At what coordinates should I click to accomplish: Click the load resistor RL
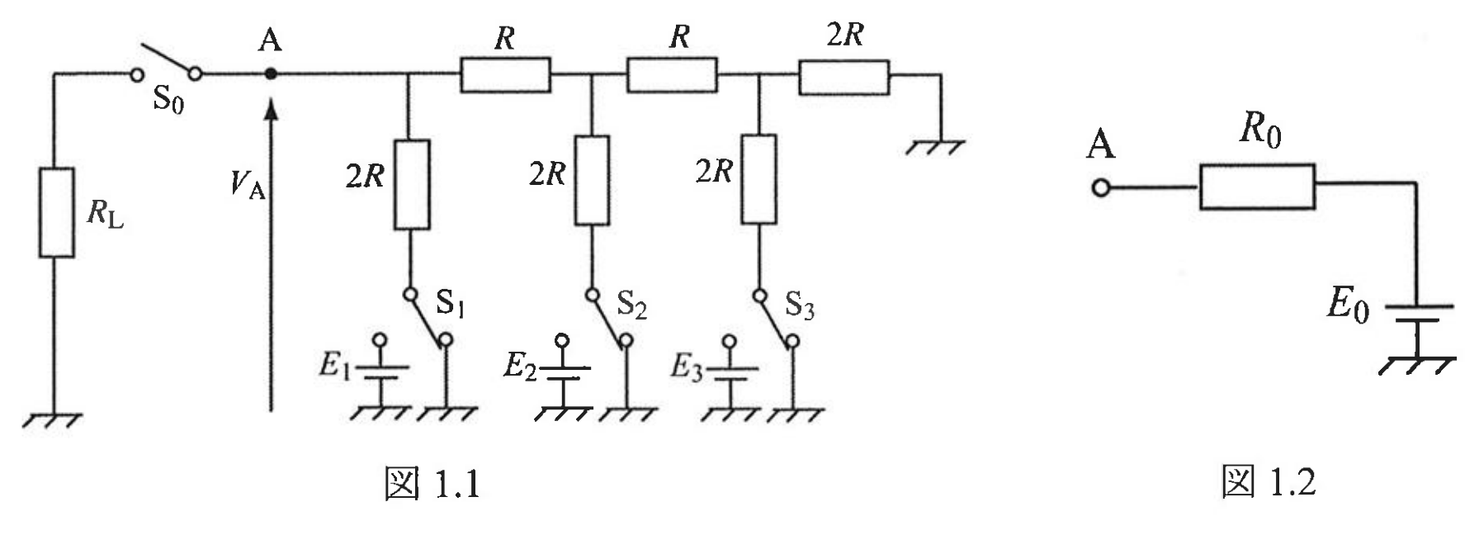pos(57,212)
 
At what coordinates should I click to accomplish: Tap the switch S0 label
pos(168,100)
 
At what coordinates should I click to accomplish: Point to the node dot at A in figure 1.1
pos(270,74)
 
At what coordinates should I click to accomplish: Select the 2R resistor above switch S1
pos(412,184)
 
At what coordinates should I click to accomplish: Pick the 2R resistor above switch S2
pos(592,181)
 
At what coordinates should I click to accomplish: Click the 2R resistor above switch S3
pos(758,179)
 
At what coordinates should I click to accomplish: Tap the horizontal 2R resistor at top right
pos(843,77)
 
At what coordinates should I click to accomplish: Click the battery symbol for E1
pos(380,372)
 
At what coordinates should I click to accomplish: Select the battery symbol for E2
pos(563,372)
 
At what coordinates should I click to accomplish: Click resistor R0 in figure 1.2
pos(1257,187)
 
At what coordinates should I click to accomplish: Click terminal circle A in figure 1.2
pos(1100,187)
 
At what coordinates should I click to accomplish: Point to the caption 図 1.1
pos(432,483)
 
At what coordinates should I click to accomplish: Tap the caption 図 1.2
pos(1269,482)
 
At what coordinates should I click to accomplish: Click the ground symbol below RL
pos(51,419)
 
